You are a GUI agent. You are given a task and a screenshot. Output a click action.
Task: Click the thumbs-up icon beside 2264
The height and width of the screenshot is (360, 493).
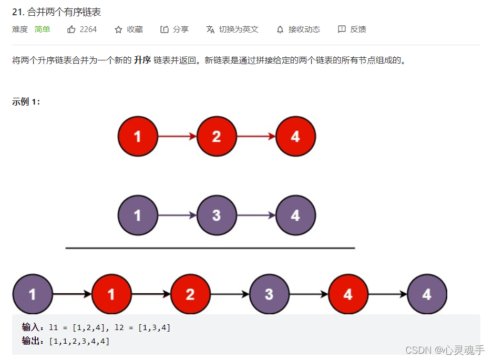pyautogui.click(x=71, y=29)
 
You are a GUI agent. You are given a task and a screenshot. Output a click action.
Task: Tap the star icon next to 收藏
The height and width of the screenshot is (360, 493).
pyautogui.click(x=118, y=29)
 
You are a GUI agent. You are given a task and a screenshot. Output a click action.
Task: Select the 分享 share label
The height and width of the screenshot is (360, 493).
pyautogui.click(x=180, y=29)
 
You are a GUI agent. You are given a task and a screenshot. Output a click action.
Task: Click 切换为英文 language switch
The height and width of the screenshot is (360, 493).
pyautogui.click(x=239, y=29)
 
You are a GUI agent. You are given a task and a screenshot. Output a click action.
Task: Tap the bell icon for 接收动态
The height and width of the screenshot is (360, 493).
pyautogui.click(x=280, y=29)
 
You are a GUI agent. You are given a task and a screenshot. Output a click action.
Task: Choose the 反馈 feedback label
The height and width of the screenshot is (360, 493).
pyautogui.click(x=358, y=29)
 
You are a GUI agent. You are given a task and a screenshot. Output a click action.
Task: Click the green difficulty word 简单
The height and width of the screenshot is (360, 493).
pyautogui.click(x=42, y=29)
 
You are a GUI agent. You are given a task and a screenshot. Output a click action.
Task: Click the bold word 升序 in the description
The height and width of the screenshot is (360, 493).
pyautogui.click(x=142, y=60)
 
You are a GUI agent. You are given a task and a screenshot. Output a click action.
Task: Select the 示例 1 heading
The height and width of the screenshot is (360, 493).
pyautogui.click(x=26, y=102)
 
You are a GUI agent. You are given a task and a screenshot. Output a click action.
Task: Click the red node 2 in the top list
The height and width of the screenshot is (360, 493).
pyautogui.click(x=217, y=137)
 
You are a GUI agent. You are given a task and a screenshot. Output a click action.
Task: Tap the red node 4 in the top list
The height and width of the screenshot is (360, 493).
pyautogui.click(x=295, y=137)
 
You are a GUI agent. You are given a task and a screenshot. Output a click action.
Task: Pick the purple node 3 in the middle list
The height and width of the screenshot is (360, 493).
pyautogui.click(x=217, y=215)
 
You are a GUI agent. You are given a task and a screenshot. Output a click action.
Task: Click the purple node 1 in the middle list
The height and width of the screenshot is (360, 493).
pyautogui.click(x=138, y=215)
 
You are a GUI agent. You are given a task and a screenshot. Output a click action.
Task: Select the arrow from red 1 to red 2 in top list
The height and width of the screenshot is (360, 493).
pyautogui.click(x=177, y=137)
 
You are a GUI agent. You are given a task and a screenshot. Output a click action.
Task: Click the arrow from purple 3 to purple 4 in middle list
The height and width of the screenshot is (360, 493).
pyautogui.click(x=256, y=215)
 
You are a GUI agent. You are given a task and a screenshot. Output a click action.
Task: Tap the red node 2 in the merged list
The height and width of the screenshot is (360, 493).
pyautogui.click(x=190, y=294)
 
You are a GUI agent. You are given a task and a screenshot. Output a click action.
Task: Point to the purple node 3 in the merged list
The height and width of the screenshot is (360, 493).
pyautogui.click(x=269, y=294)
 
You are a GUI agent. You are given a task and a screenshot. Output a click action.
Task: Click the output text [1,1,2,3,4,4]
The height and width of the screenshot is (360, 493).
pyautogui.click(x=79, y=341)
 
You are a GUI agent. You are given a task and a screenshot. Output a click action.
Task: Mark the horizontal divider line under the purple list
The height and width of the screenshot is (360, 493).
pyautogui.click(x=210, y=248)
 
